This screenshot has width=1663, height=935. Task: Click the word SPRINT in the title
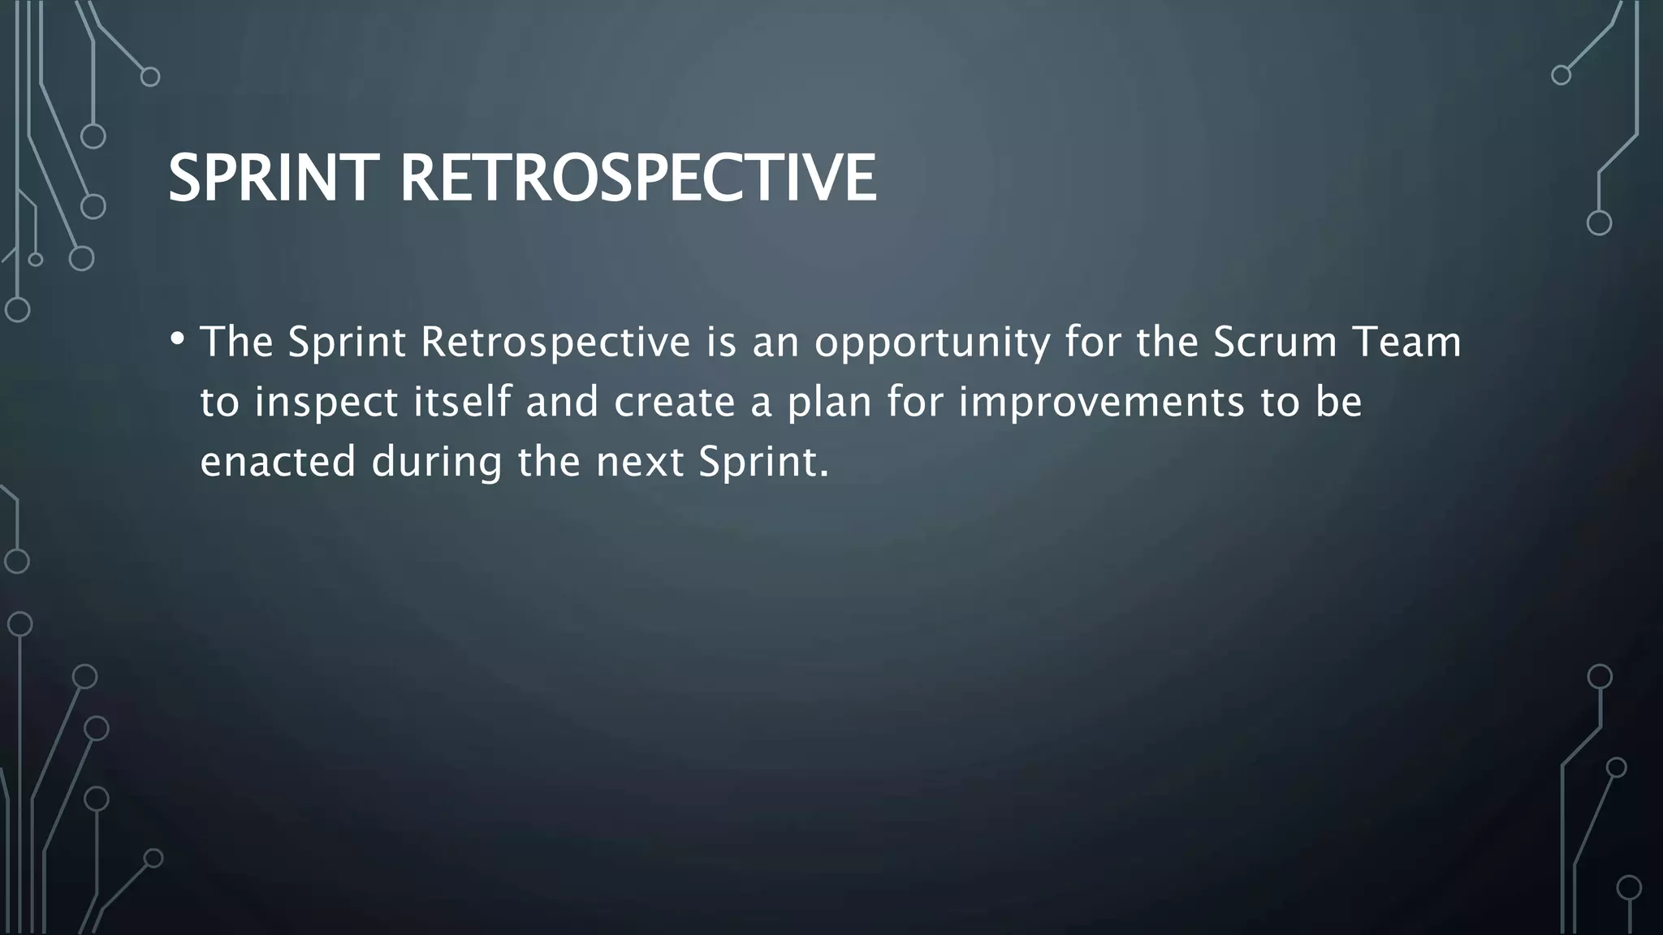point(274,178)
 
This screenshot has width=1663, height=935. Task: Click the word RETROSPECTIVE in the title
point(638,178)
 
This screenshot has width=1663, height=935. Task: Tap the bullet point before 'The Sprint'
point(177,338)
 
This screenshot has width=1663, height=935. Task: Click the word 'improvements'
point(1101,403)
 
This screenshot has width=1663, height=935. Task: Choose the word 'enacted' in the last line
point(278,462)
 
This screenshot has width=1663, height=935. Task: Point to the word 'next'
point(640,462)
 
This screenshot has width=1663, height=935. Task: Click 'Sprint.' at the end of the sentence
point(763,462)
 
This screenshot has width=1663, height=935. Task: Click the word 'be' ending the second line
point(1338,401)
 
